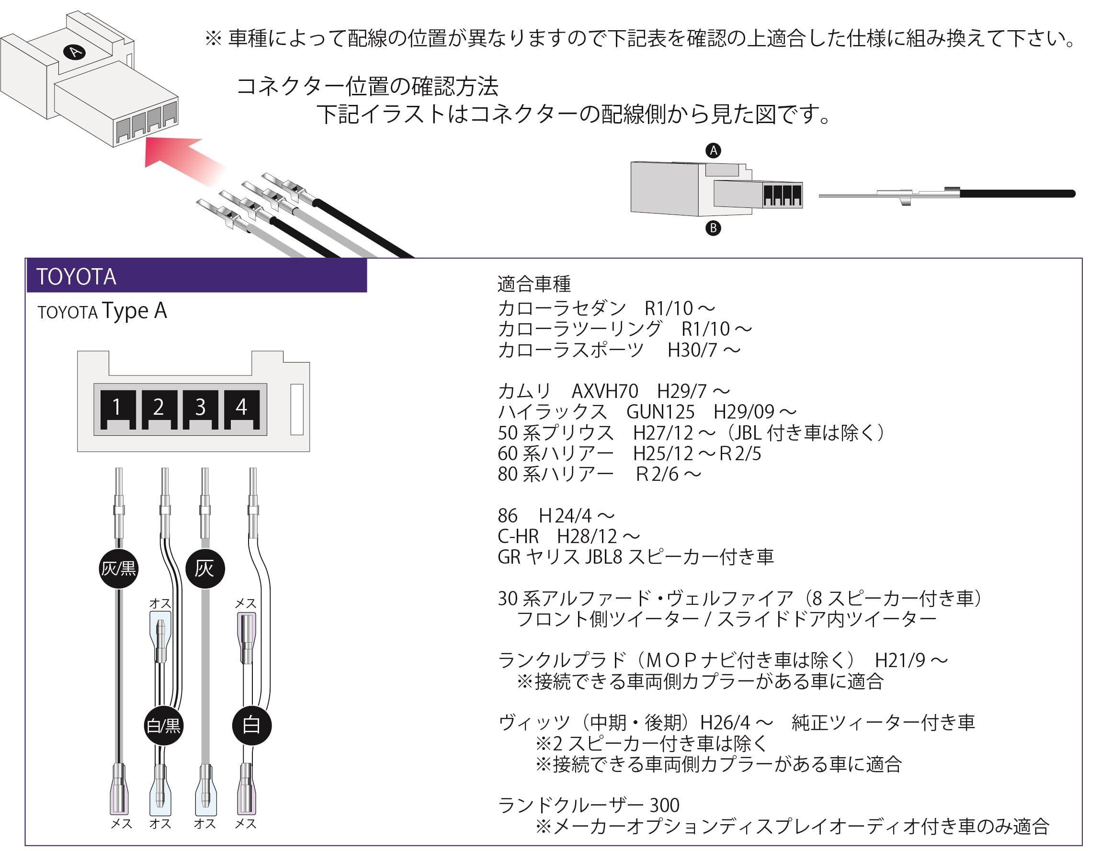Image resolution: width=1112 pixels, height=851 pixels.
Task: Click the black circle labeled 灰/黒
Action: point(119,569)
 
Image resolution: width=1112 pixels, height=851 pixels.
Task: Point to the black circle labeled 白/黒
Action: point(163,726)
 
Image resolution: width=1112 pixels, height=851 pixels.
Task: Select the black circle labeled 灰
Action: point(204,568)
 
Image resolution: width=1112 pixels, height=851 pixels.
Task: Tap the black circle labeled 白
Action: point(252,726)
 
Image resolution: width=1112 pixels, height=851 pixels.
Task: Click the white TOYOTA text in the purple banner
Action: point(77,277)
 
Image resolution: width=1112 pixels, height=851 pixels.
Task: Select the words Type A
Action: point(134,310)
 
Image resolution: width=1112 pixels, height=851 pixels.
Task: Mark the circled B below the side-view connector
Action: point(713,228)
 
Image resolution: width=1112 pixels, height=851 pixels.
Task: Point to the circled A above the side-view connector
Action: point(713,150)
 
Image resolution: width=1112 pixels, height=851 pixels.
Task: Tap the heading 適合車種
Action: point(534,284)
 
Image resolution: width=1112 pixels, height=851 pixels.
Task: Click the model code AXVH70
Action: point(604,391)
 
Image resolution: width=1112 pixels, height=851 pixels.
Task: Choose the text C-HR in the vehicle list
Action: point(518,536)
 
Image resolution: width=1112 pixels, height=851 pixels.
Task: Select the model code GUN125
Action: point(660,412)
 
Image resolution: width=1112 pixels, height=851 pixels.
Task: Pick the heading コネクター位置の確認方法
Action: point(367,87)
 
